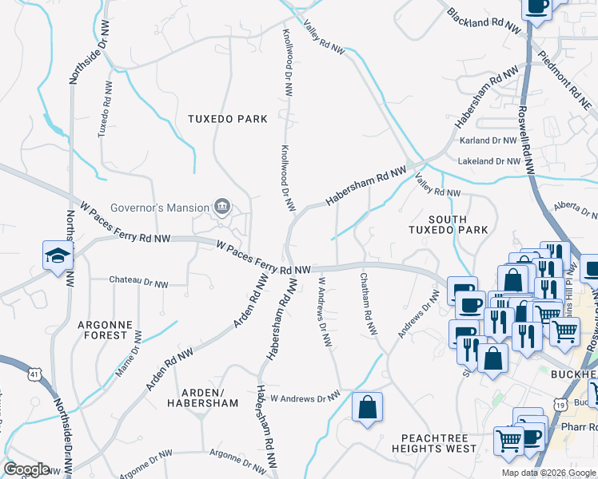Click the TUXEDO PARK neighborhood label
[x=227, y=119]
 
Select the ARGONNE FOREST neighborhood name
[x=102, y=331]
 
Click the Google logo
[x=26, y=469]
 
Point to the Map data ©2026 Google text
[x=548, y=473]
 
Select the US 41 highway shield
[x=33, y=373]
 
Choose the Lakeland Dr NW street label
[x=496, y=161]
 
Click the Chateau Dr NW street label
[x=139, y=283]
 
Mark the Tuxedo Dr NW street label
[x=105, y=109]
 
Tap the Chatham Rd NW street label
[x=369, y=303]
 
